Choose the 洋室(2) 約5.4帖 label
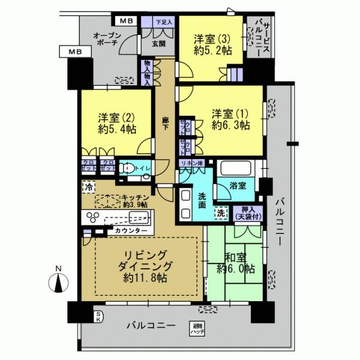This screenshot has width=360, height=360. [x=117, y=122]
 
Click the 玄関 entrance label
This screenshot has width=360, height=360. [x=158, y=43]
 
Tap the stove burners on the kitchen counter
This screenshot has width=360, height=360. [x=95, y=217]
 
